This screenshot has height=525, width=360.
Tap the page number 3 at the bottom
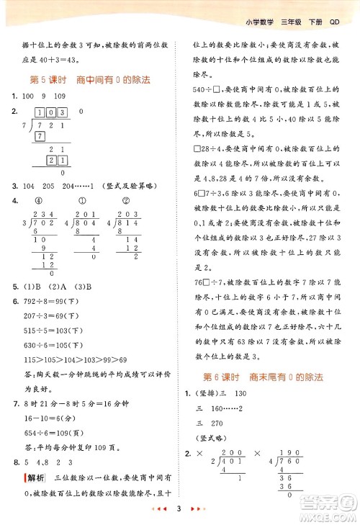click(177, 509)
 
